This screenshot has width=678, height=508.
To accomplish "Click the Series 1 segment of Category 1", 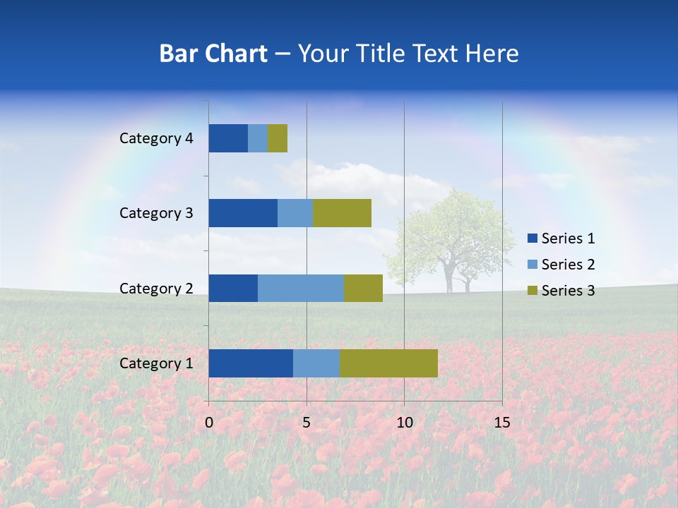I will (251, 363).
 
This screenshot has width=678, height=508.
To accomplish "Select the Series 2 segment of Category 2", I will (301, 288).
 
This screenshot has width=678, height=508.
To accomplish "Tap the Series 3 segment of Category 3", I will (342, 213).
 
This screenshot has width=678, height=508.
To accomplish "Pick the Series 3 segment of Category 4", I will (278, 138).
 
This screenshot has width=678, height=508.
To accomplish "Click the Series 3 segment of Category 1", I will (388, 363).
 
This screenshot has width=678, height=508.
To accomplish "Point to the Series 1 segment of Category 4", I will (228, 138).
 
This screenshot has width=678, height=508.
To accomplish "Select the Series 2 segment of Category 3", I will (295, 213).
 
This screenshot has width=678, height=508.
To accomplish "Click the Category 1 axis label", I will (155, 363).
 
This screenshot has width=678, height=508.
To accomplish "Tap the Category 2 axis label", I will (155, 288).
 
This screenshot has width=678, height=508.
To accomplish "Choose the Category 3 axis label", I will (155, 213).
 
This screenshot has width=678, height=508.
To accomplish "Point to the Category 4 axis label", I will (155, 138).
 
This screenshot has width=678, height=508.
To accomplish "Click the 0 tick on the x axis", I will (209, 423).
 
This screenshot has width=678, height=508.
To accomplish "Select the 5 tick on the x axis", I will (307, 423).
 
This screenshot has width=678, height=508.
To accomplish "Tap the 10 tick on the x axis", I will (404, 423).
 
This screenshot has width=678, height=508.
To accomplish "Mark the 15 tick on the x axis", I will (501, 423).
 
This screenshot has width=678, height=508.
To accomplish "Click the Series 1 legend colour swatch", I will (533, 238).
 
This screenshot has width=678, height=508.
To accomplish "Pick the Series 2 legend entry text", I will (568, 265).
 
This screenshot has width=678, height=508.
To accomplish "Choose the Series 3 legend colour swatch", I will (533, 291).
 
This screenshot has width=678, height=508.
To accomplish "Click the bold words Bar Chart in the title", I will (213, 54).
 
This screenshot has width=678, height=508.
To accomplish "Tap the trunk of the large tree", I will (448, 277).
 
